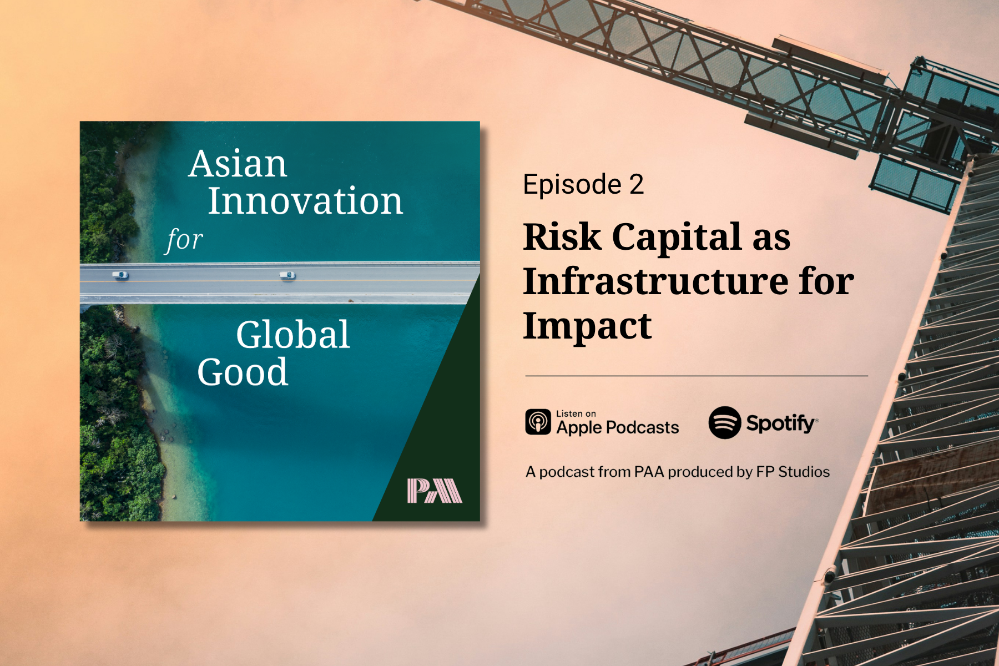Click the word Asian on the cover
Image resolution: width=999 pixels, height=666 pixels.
click(238, 164)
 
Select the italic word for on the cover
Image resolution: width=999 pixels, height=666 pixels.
click(185, 240)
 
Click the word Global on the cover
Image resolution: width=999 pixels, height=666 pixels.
click(293, 335)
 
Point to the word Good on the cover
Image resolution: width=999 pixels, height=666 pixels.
click(243, 371)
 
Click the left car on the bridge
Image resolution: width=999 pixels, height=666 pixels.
click(120, 275)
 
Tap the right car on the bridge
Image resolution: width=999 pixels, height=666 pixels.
click(287, 275)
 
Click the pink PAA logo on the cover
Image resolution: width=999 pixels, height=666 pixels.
click(435, 491)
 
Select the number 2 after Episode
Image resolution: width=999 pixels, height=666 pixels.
click(637, 184)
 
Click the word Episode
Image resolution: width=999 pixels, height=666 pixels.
click(572, 184)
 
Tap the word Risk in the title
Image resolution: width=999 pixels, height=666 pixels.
click(562, 237)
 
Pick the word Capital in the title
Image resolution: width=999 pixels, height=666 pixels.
click(677, 237)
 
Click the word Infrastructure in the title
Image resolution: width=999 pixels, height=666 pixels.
click(654, 281)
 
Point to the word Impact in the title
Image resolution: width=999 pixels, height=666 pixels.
click(587, 326)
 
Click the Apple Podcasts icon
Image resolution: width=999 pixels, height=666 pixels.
click(538, 422)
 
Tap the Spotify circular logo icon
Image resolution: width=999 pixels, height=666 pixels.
click(725, 423)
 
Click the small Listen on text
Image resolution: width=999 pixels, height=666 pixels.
click(576, 413)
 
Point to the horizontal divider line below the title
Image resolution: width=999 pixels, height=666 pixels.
click(697, 376)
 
